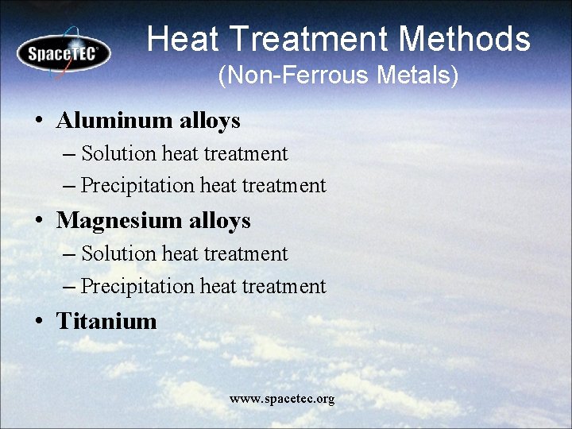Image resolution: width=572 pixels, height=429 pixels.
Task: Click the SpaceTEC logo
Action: tap(64, 53)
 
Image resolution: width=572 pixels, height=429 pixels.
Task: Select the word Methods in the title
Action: tap(464, 38)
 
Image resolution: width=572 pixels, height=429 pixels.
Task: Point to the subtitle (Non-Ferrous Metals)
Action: tap(338, 76)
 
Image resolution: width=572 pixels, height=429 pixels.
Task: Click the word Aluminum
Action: tap(114, 121)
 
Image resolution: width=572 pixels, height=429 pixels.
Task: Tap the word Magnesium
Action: tap(119, 221)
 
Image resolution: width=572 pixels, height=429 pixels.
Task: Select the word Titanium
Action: tap(106, 321)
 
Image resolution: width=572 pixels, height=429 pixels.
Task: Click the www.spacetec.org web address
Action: tap(282, 398)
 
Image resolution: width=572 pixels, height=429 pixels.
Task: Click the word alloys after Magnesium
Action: tap(219, 221)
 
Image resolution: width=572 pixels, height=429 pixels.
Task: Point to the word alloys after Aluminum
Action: tap(209, 121)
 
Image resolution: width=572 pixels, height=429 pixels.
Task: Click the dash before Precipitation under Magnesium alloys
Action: tap(69, 287)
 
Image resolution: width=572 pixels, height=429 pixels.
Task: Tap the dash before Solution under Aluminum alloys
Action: tap(69, 154)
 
